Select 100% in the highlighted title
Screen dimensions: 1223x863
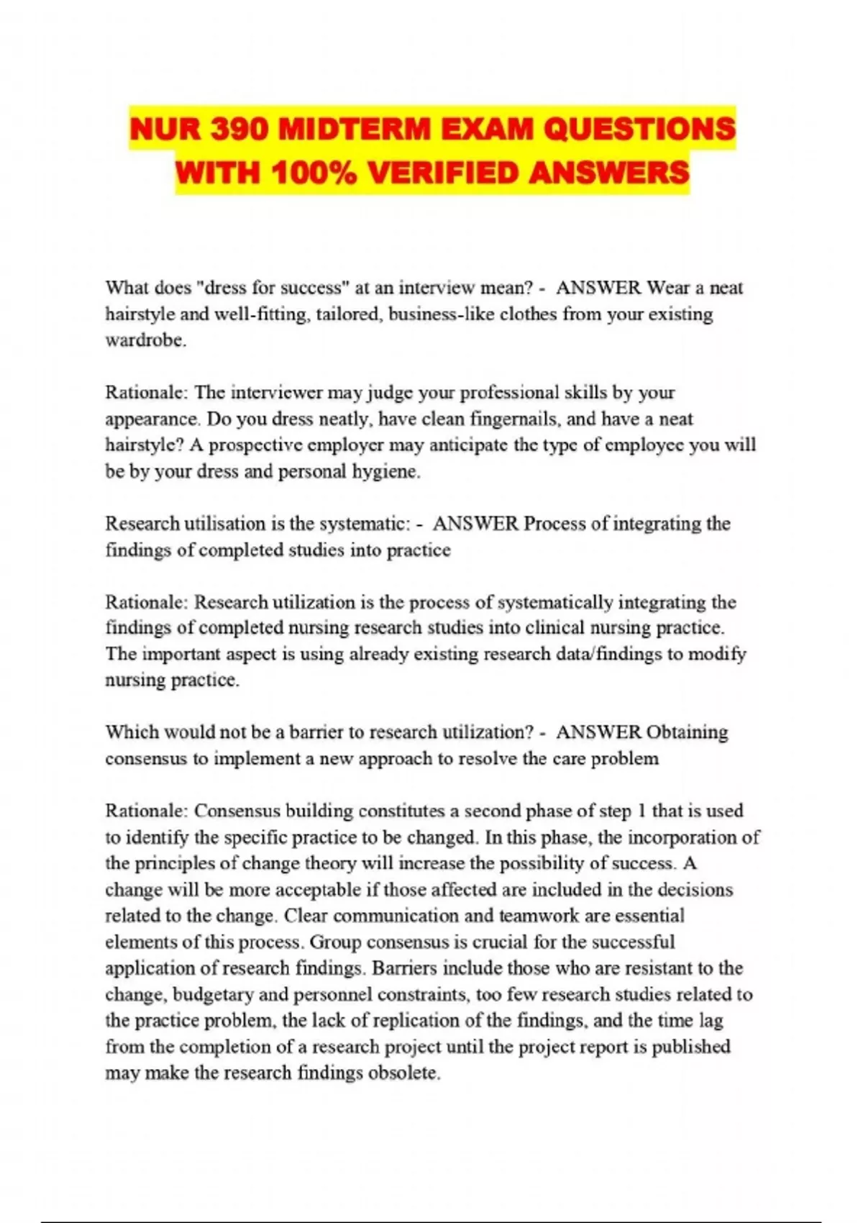click(314, 173)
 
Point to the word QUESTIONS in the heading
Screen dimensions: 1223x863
click(639, 130)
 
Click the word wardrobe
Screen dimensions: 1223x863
click(145, 340)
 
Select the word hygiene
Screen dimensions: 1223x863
click(385, 471)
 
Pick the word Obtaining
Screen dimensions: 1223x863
click(687, 732)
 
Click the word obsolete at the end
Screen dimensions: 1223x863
click(403, 1073)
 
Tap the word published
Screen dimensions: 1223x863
click(691, 1047)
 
